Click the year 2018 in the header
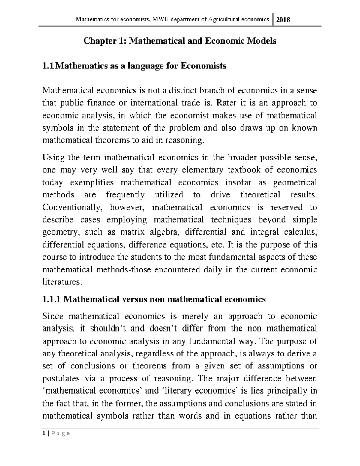283,20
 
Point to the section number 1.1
49,66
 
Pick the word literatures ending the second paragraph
61,282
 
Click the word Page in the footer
59,433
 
